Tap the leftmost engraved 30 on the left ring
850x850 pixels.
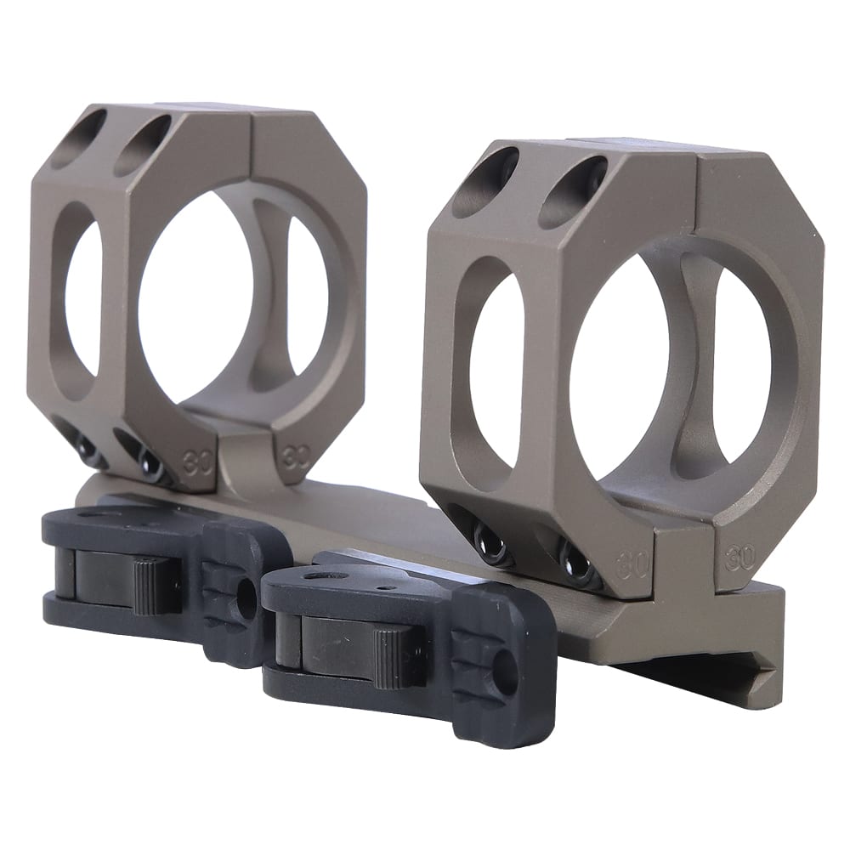tap(197, 451)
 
